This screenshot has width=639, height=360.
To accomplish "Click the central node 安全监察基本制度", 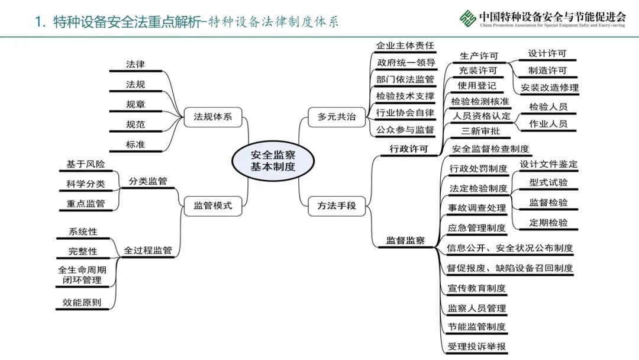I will point(273,160).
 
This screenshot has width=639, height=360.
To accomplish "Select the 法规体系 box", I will point(213,117).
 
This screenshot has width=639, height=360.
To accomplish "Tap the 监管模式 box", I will point(213,206).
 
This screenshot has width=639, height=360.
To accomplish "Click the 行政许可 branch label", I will point(408,149).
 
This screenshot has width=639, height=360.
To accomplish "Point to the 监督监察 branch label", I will point(405,240).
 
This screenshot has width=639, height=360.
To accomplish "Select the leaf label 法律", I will point(135,64).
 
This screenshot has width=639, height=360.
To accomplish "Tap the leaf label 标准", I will point(135,144).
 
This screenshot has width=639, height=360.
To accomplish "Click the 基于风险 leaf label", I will point(86,164).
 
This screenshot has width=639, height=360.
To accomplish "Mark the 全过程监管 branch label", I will point(148,250).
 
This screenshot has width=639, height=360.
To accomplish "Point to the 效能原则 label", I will point(82,302).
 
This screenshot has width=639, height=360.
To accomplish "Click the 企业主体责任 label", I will point(405,46).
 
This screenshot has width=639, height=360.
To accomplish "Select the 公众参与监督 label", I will point(405,129).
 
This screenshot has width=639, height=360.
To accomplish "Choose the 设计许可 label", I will point(547,53).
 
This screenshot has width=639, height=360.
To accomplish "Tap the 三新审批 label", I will point(479,131).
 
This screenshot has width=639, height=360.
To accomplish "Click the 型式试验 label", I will point(548,182).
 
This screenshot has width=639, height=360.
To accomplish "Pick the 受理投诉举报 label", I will point(477,346).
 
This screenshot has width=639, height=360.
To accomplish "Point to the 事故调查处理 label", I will point(477,208).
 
